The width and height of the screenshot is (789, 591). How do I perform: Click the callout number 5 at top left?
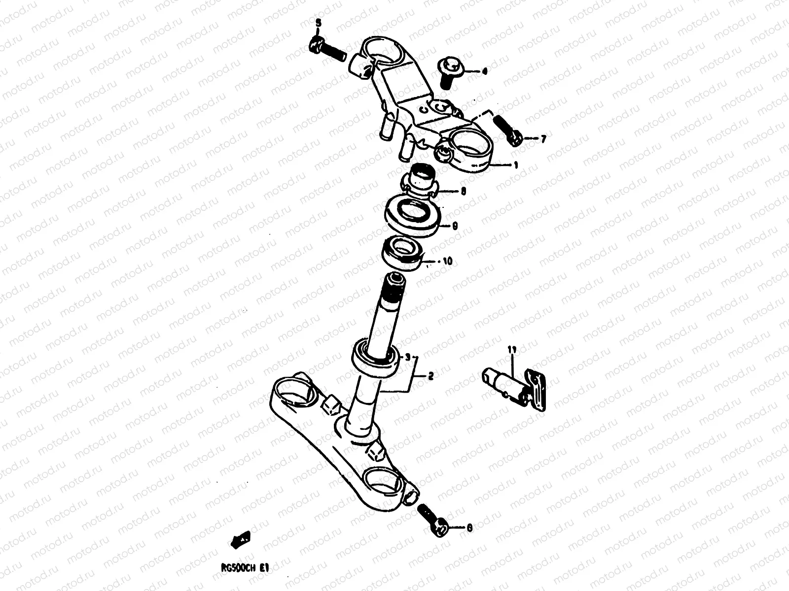[318, 23]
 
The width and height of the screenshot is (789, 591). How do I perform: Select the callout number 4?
[484, 72]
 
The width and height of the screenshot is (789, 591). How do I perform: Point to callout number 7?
[543, 139]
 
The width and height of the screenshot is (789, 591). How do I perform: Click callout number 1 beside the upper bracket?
[515, 165]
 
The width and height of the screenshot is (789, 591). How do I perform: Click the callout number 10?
[447, 262]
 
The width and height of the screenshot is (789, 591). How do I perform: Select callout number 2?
[430, 377]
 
